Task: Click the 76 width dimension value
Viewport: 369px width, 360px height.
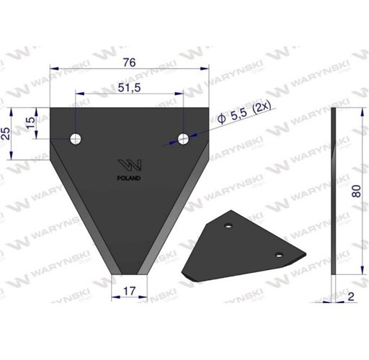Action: tap(129, 63)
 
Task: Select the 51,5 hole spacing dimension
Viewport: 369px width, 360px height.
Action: tap(129, 88)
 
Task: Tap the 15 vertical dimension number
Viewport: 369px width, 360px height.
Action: tap(31, 122)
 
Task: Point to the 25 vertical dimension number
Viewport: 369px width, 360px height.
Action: tap(6, 134)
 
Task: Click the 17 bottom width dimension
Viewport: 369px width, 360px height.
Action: tap(129, 291)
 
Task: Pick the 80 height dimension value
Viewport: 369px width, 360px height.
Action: tap(356, 191)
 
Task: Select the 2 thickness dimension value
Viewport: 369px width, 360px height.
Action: tap(351, 297)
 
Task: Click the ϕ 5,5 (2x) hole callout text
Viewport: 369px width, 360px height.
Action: tap(244, 113)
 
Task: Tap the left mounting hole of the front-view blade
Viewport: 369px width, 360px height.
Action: tap(76, 139)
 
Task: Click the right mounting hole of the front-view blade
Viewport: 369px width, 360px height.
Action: tap(183, 139)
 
